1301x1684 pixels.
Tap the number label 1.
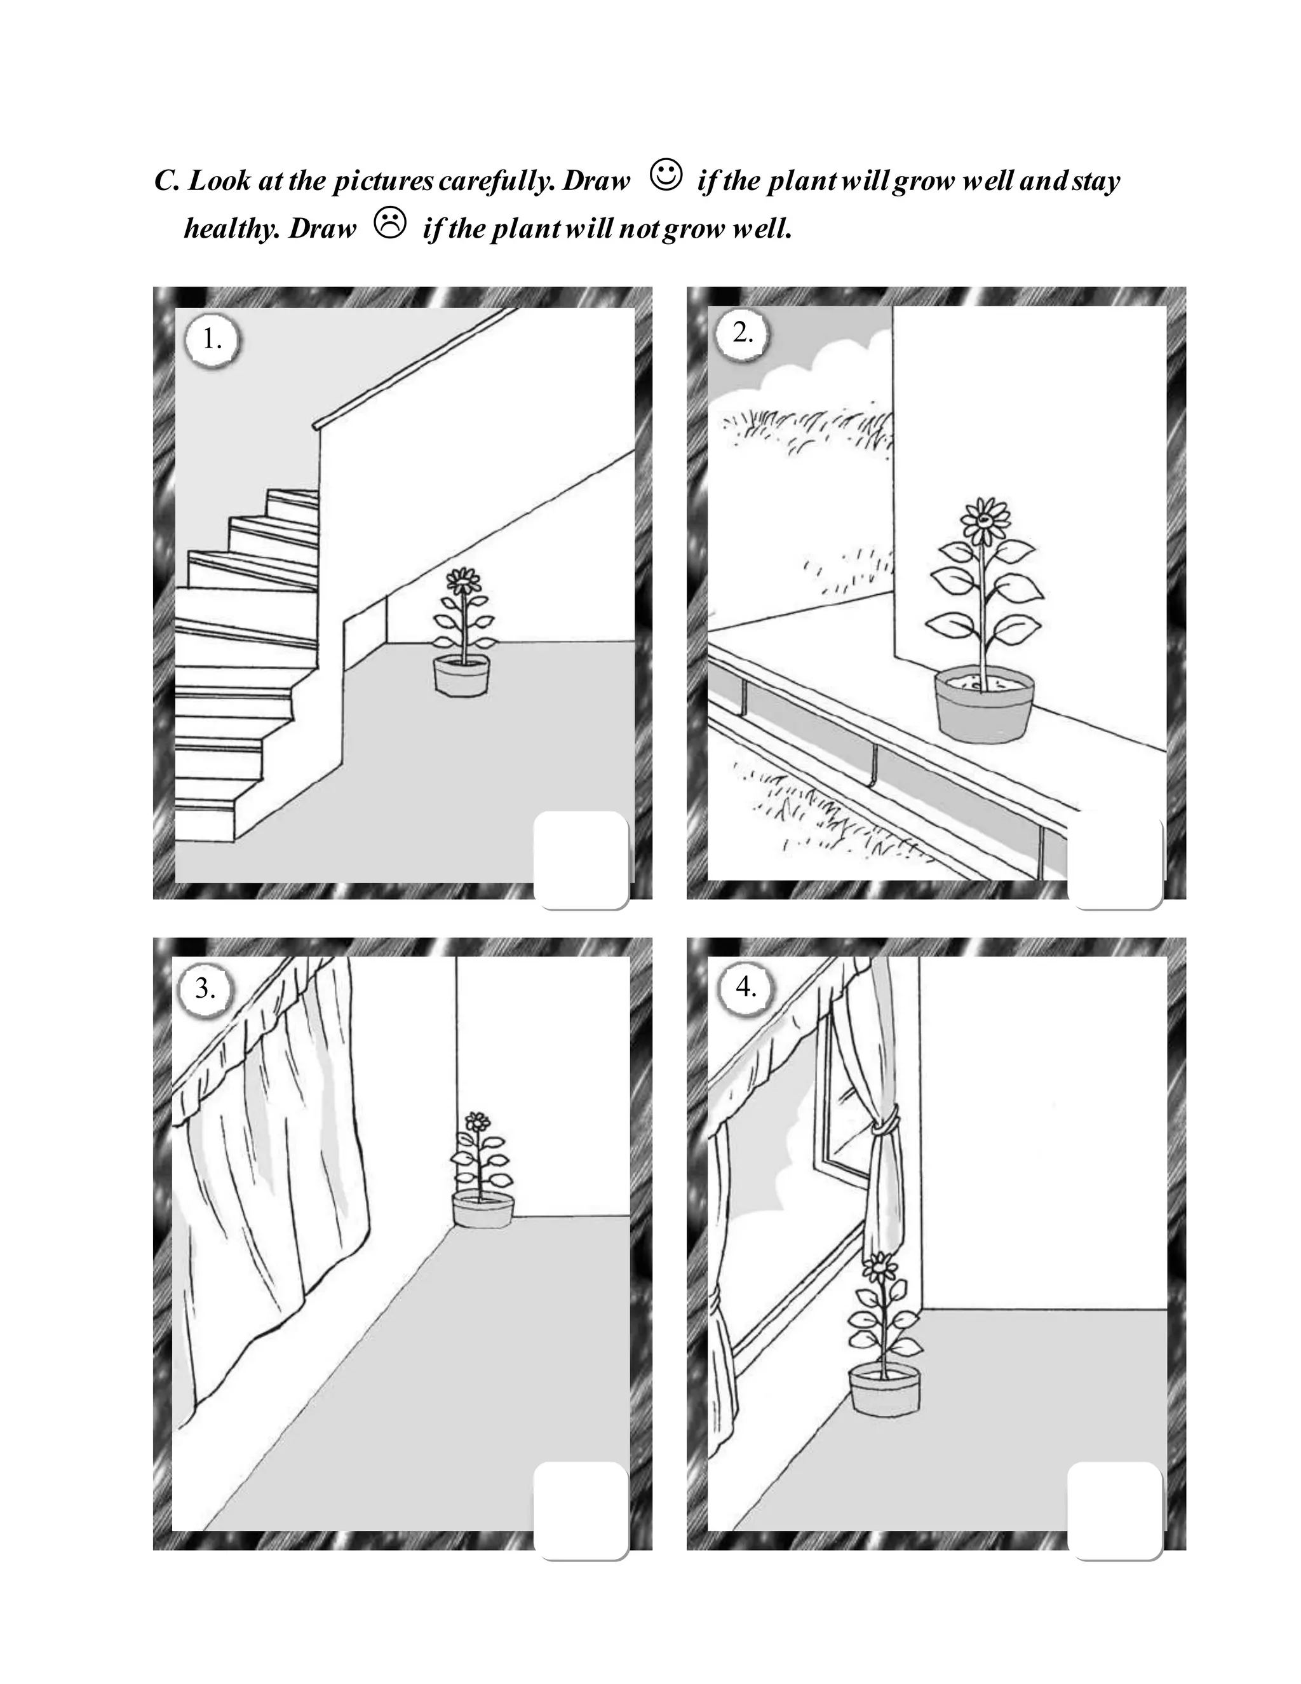point(211,339)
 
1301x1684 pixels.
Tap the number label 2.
point(742,333)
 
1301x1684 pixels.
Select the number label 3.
point(205,988)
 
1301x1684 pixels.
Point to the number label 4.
point(745,986)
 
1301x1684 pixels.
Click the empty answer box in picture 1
point(581,859)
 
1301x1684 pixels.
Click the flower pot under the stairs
point(461,676)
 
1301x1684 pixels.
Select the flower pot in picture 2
point(983,705)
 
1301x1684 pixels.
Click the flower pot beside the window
point(885,1389)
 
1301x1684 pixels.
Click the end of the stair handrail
point(317,426)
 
